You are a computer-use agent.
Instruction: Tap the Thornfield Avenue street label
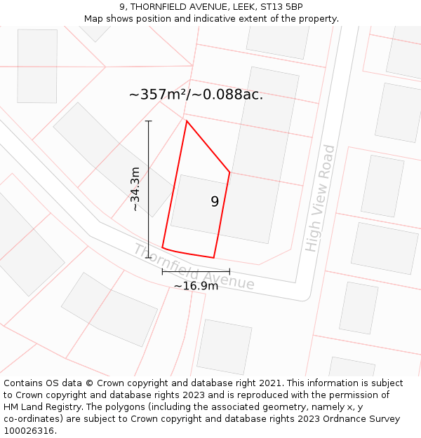click(x=194, y=268)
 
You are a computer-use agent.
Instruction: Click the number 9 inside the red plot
click(x=215, y=202)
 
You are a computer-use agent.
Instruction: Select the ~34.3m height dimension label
click(x=135, y=189)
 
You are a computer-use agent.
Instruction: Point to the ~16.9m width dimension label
click(x=196, y=285)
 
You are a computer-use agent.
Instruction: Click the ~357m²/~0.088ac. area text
click(x=196, y=95)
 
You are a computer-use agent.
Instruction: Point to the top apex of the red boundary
click(x=187, y=121)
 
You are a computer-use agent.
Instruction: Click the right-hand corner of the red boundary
click(x=229, y=172)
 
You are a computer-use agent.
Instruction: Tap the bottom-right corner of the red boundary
click(x=213, y=257)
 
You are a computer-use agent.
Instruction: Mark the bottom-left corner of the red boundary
click(x=163, y=247)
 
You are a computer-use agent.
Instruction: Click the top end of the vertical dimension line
click(x=149, y=121)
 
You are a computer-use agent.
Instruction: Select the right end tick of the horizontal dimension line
click(x=229, y=271)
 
